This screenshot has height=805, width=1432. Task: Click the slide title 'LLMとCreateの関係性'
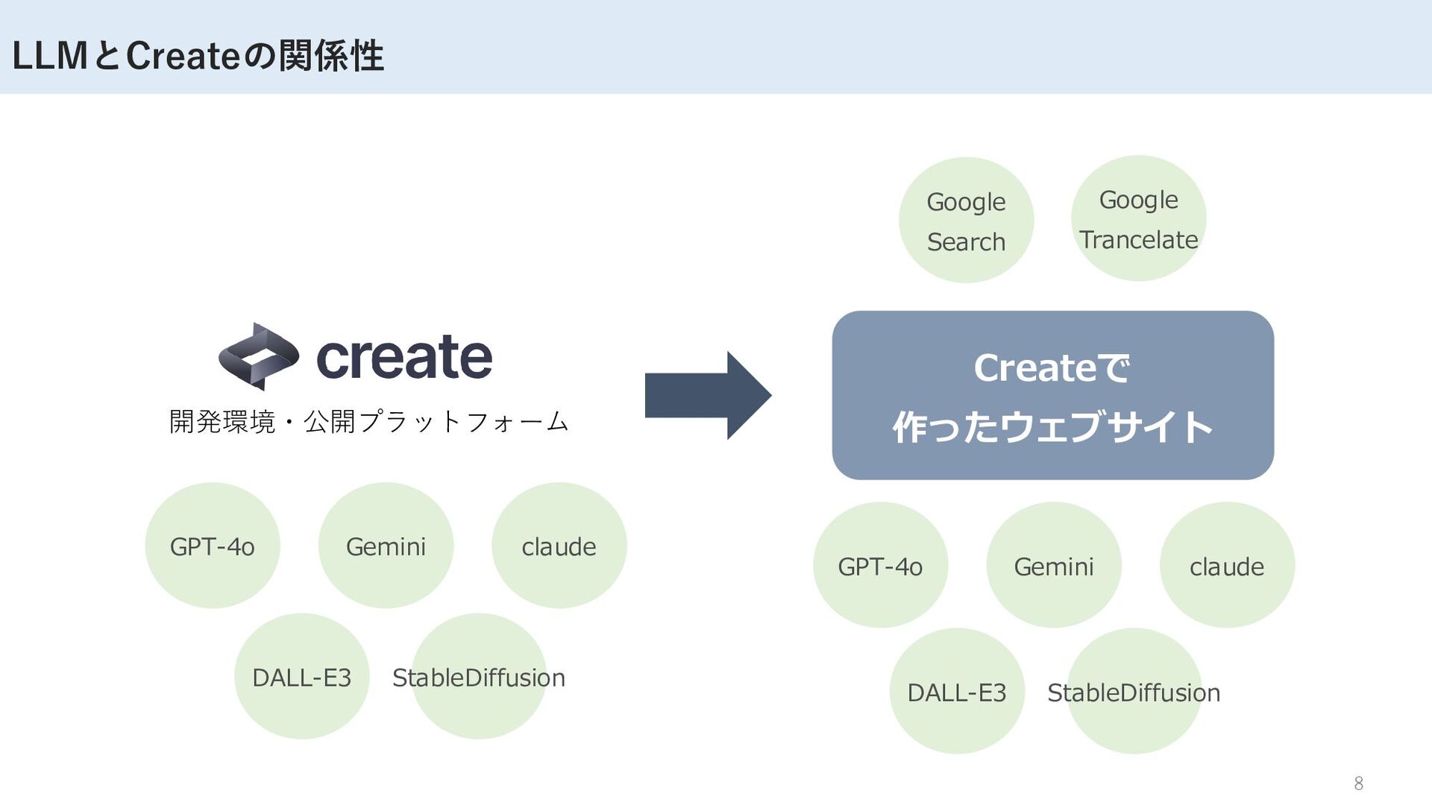pyautogui.click(x=198, y=55)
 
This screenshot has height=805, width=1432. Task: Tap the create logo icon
pyautogui.click(x=258, y=356)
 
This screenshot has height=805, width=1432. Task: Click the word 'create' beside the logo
pyautogui.click(x=404, y=357)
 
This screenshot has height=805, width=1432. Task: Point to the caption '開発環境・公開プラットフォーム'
pyautogui.click(x=368, y=422)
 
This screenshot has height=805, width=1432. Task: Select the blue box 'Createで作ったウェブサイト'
pyautogui.click(x=1052, y=395)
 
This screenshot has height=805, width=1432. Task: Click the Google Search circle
pyautogui.click(x=966, y=221)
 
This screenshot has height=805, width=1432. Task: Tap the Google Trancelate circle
pyautogui.click(x=1138, y=218)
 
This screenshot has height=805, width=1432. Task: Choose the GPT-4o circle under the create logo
pyautogui.click(x=213, y=546)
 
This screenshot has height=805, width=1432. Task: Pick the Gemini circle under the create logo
pyautogui.click(x=386, y=546)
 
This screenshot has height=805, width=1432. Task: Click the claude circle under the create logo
pyautogui.click(x=559, y=546)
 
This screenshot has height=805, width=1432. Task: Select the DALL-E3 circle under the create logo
pyautogui.click(x=301, y=677)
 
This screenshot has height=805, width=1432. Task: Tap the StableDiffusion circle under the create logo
pyautogui.click(x=479, y=677)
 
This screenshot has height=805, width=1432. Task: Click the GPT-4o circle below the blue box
pyautogui.click(x=880, y=565)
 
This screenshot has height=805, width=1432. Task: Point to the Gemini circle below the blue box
pyautogui.click(x=1053, y=565)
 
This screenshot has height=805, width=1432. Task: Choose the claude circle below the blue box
pyautogui.click(x=1227, y=565)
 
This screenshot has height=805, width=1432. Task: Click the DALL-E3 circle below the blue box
pyautogui.click(x=957, y=692)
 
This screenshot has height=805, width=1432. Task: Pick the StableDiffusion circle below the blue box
pyautogui.click(x=1134, y=692)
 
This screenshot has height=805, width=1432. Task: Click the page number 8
pyautogui.click(x=1358, y=783)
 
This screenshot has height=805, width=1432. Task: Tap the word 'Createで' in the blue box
pyautogui.click(x=1052, y=368)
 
